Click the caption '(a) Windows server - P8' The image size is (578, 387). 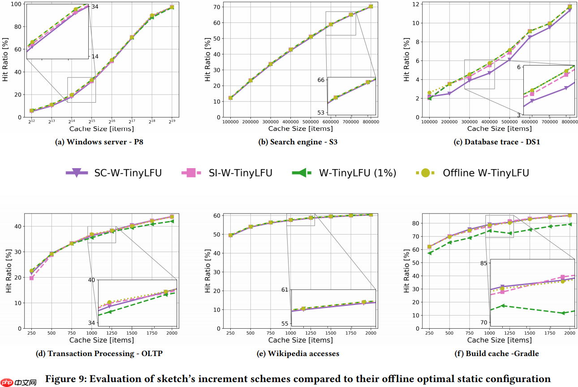tap(99, 142)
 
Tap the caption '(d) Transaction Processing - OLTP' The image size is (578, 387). tap(99, 353)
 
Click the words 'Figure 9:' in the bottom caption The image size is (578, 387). tap(65, 379)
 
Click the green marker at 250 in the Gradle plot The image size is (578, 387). tap(430, 253)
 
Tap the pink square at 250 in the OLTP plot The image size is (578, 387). tap(31, 278)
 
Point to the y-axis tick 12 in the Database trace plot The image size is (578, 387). tap(416, 4)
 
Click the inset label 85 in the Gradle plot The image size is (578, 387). tap(483, 263)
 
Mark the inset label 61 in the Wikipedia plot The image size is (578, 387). tap(285, 290)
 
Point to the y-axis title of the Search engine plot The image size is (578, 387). tap(207, 61)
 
